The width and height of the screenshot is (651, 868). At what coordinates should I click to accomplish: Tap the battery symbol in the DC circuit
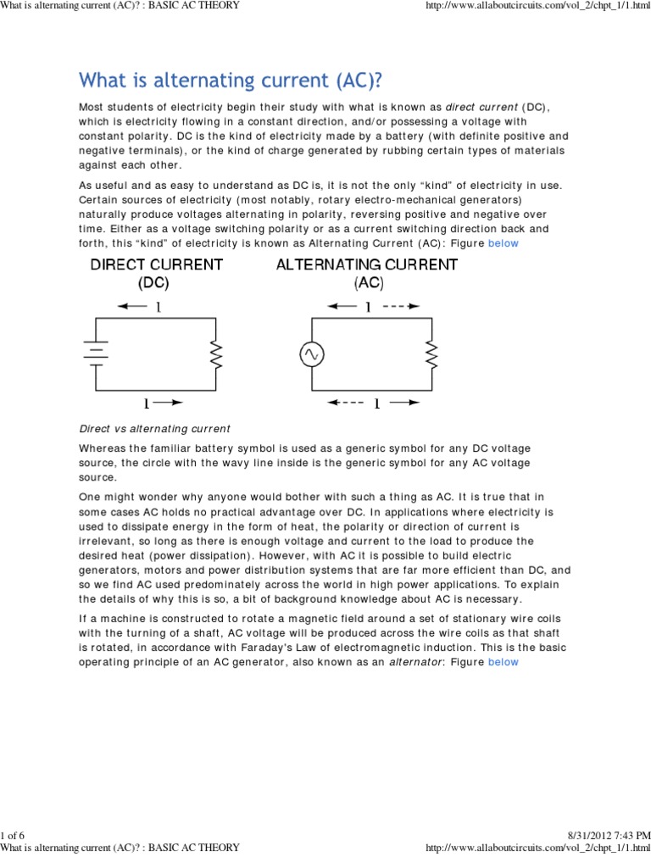coord(95,353)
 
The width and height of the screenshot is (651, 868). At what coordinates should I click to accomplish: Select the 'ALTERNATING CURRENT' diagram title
coord(367,264)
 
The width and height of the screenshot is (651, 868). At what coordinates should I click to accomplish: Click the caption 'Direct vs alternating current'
coord(154,428)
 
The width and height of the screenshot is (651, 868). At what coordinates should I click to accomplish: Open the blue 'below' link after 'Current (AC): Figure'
coord(503,243)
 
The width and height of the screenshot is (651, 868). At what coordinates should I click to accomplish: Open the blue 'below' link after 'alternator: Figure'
coord(503,662)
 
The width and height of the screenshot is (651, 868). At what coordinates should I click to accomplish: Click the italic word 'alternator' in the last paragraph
coord(415,662)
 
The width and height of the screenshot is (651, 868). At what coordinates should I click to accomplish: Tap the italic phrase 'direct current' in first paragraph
coord(481,106)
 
